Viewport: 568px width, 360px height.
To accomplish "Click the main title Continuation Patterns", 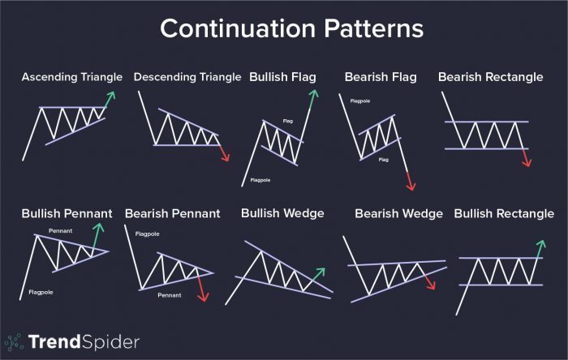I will click(x=291, y=28).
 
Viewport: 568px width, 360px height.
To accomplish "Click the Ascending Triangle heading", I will click(x=72, y=77).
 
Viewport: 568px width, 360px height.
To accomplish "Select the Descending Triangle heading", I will click(x=187, y=77).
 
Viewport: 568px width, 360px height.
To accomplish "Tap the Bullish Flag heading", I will click(x=283, y=77).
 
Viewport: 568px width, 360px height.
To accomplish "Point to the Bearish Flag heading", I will click(x=381, y=77).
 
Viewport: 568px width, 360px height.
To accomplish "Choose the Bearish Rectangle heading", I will click(x=491, y=77).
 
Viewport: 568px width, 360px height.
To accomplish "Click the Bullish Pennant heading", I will click(x=67, y=214).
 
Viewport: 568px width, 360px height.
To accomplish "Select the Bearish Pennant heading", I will click(x=172, y=214).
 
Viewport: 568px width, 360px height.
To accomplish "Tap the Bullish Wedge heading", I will click(x=282, y=213).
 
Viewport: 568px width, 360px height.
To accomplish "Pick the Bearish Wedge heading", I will click(x=398, y=214).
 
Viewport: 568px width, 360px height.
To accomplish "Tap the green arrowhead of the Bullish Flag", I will click(x=313, y=95).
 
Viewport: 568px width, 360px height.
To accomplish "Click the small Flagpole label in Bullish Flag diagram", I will click(x=260, y=180).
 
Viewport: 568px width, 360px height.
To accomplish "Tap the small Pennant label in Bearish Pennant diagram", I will click(x=169, y=294).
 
